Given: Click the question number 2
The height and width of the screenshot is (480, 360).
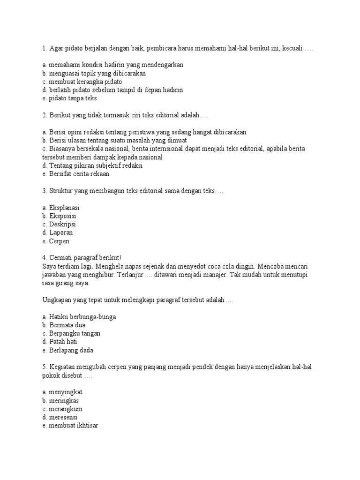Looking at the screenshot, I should pos(44,115).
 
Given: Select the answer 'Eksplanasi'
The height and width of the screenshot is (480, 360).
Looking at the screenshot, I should pos(64,208).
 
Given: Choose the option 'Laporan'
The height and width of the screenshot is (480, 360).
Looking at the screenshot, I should pos(60,233).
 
